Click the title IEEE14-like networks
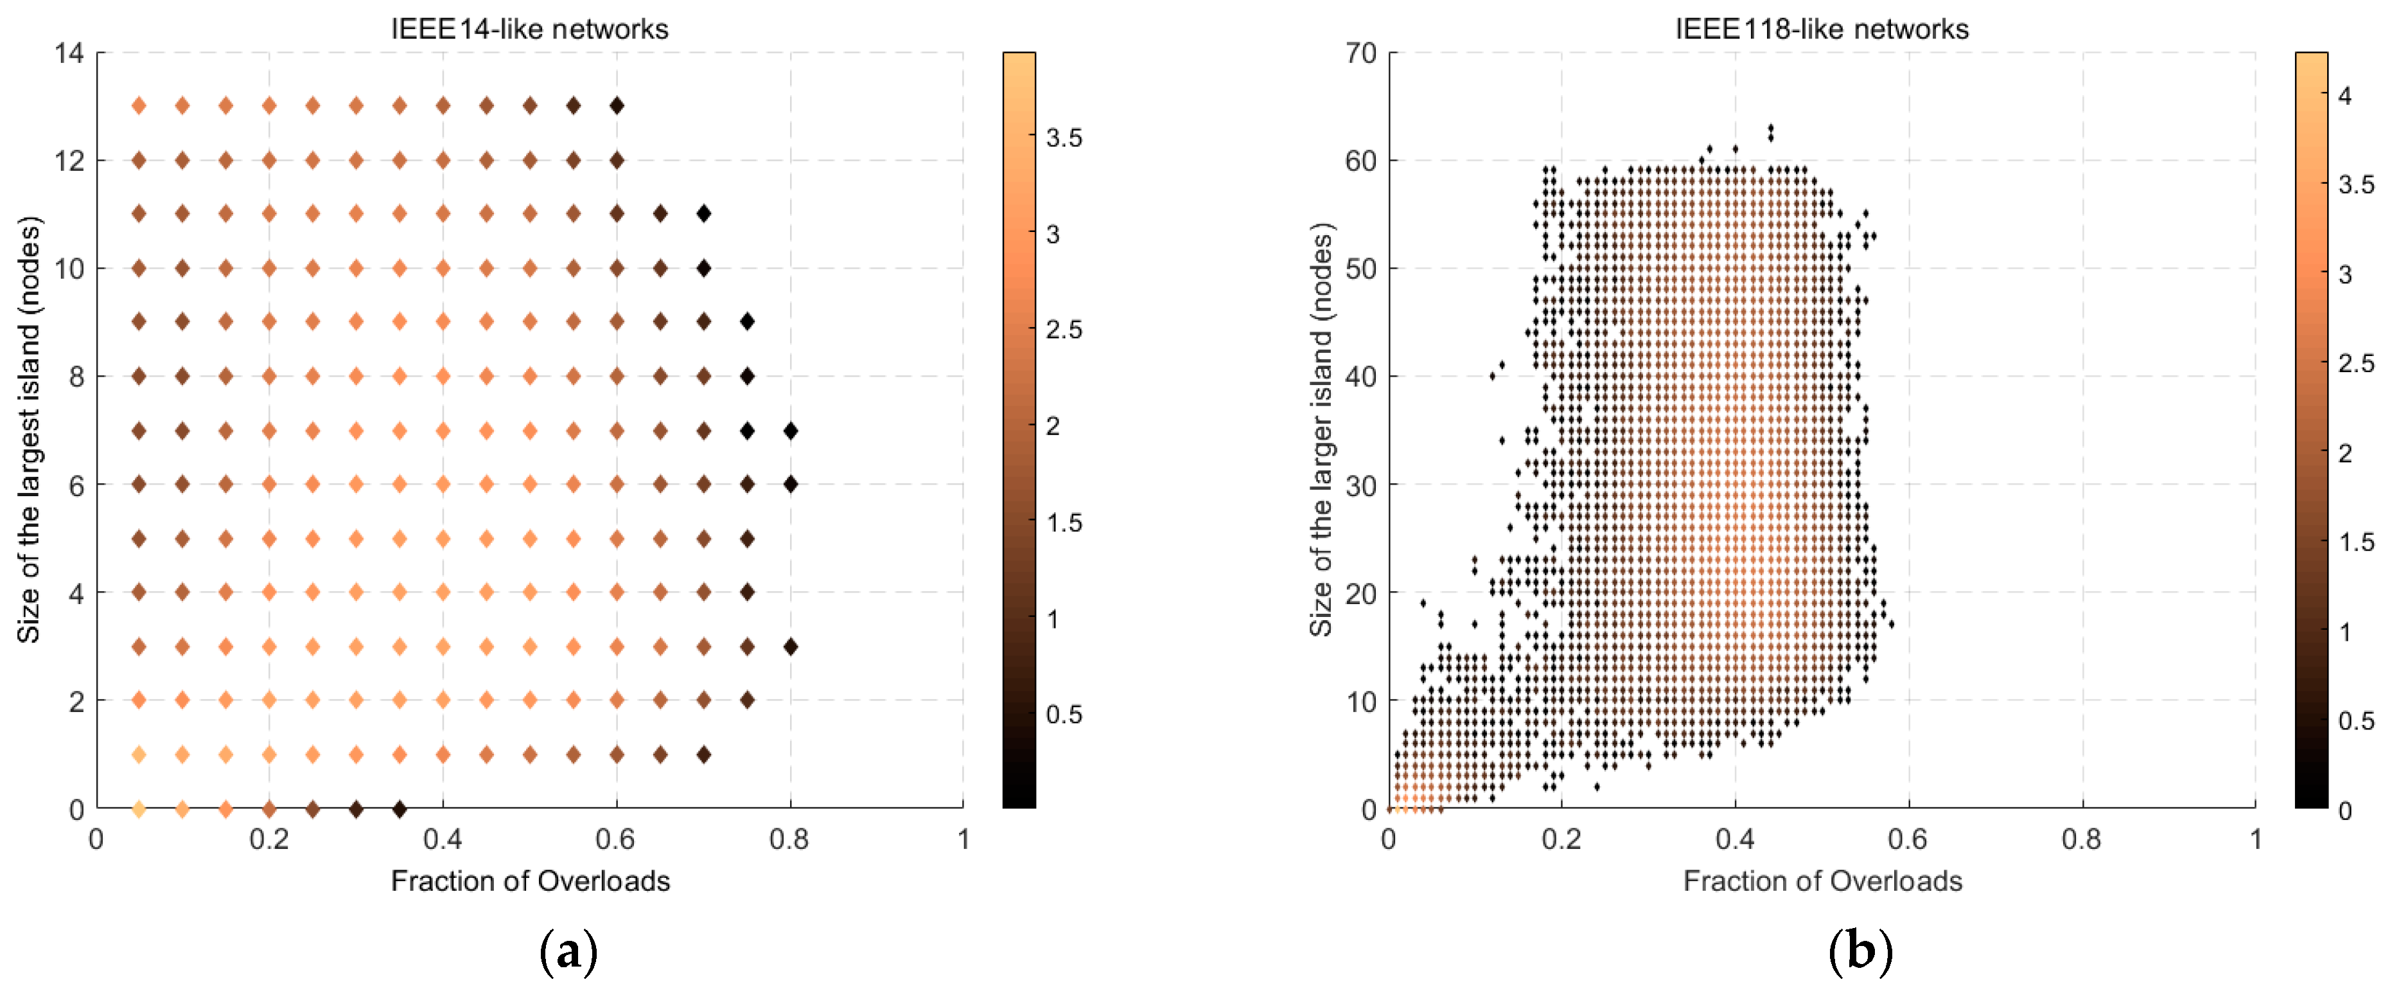tap(529, 29)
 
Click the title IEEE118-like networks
tap(1821, 29)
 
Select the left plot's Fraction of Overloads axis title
tap(529, 880)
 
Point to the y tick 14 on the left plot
tap(69, 53)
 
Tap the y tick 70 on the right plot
tap(1360, 53)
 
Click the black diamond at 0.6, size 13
tap(617, 106)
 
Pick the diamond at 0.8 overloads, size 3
tap(790, 647)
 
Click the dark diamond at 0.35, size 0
tap(400, 809)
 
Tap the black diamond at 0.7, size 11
tap(704, 213)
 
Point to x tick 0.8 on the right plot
tap(2081, 839)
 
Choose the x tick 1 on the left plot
tap(963, 839)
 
